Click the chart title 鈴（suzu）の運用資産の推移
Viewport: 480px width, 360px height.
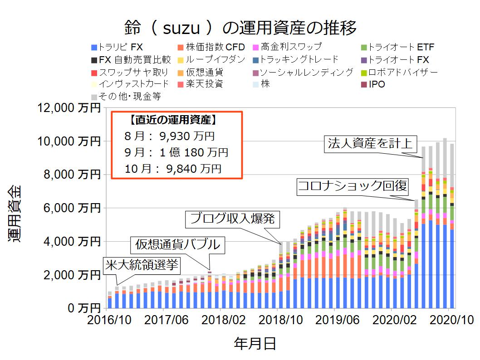click(x=240, y=28)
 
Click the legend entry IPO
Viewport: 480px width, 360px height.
click(x=377, y=84)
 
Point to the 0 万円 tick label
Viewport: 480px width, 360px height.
click(x=82, y=308)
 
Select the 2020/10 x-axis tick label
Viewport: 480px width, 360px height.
click(x=448, y=320)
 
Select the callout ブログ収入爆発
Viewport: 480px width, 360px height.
click(x=233, y=219)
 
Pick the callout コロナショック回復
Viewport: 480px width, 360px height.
click(x=353, y=186)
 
